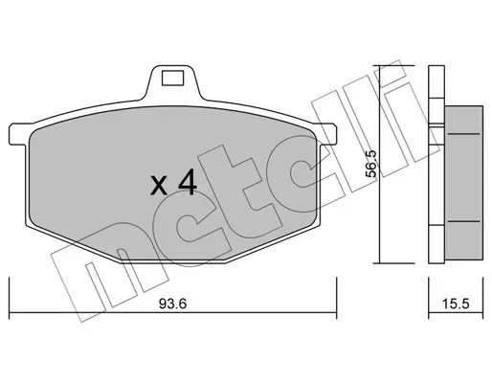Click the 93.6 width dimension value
(172, 304)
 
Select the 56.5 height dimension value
(371, 164)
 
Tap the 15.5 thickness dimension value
(456, 304)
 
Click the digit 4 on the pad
(188, 182)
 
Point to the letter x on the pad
(159, 186)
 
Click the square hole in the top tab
(172, 79)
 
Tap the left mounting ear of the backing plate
(18, 134)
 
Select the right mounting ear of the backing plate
(328, 134)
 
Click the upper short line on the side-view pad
(463, 134)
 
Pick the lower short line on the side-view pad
(463, 221)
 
